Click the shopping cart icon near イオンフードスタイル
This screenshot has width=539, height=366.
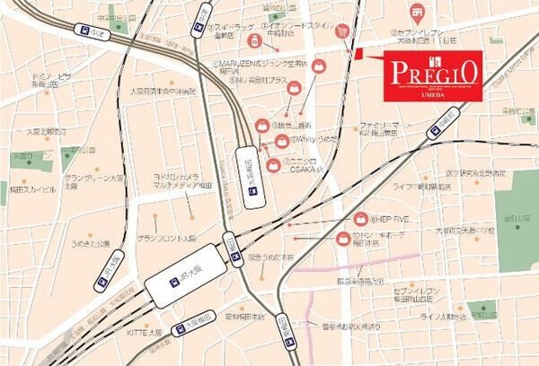tap(341, 30)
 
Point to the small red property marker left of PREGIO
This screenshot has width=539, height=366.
tap(358, 57)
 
